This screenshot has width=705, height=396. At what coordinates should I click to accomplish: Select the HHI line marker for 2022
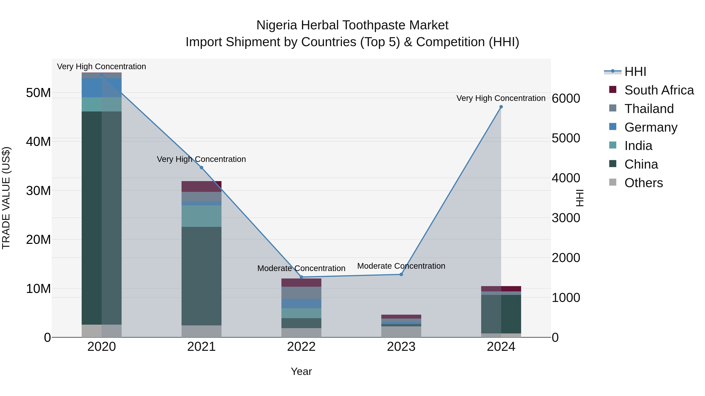301,277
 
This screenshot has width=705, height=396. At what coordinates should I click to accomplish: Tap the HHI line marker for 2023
401,274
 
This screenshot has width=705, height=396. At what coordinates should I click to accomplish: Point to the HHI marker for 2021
202,168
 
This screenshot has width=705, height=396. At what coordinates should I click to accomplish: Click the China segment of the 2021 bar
202,276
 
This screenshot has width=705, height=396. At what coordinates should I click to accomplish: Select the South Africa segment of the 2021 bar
202,186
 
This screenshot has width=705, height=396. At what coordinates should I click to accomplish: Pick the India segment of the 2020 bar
101,104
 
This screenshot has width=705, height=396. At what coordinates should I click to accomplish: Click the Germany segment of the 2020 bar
101,88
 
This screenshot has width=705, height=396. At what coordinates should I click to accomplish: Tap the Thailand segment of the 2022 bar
301,293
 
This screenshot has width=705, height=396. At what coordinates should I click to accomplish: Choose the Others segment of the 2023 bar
401,332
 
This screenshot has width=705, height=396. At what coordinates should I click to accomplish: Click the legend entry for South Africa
659,90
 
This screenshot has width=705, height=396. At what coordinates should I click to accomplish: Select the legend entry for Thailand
649,109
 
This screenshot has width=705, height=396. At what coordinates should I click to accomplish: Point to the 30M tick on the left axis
38,190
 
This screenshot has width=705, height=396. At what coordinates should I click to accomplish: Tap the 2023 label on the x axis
401,347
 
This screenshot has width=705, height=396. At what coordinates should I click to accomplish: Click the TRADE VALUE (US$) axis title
6,198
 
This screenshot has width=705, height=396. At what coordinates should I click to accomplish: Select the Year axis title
301,371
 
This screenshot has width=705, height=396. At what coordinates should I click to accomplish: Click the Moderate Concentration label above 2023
401,266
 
